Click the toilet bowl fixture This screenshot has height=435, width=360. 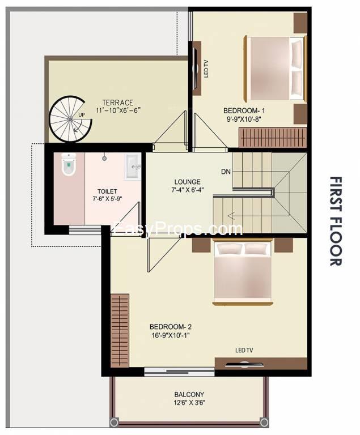coord(69,164)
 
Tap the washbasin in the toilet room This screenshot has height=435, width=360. coord(133,167)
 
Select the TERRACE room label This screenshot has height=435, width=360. coord(118,103)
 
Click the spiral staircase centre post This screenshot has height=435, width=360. coord(70,119)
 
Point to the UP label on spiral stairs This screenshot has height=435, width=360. coord(82,114)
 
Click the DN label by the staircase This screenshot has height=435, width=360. coord(226,172)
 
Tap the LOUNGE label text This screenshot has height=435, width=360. coord(187,182)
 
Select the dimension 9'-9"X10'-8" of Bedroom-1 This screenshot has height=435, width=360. coord(244,120)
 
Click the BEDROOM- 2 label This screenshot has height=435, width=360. coord(171,326)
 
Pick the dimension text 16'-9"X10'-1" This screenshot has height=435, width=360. coord(171,335)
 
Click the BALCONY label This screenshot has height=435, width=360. coord(189,394)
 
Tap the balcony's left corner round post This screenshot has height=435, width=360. coord(114,422)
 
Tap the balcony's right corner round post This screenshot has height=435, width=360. coord(264,422)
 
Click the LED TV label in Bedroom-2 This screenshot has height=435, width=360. coord(244,351)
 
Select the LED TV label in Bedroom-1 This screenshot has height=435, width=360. coord(206,69)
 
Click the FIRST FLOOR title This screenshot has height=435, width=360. coord(336,221)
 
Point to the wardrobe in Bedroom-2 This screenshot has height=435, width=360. coord(120,331)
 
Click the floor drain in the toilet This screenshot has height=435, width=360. coord(104,159)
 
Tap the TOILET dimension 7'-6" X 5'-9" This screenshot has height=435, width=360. coord(108,199)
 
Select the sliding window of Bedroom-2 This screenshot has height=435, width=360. coord(180,372)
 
